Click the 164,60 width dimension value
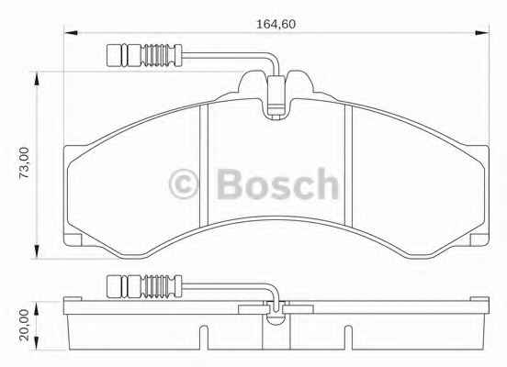(276, 25)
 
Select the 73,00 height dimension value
(24, 163)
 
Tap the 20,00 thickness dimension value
(24, 325)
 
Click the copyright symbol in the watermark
(183, 183)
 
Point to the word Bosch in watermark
(277, 183)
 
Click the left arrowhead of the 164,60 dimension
(71, 33)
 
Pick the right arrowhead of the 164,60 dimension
(482, 33)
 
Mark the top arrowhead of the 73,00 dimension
(37, 79)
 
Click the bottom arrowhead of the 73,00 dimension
(37, 251)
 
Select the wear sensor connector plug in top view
(144, 55)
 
